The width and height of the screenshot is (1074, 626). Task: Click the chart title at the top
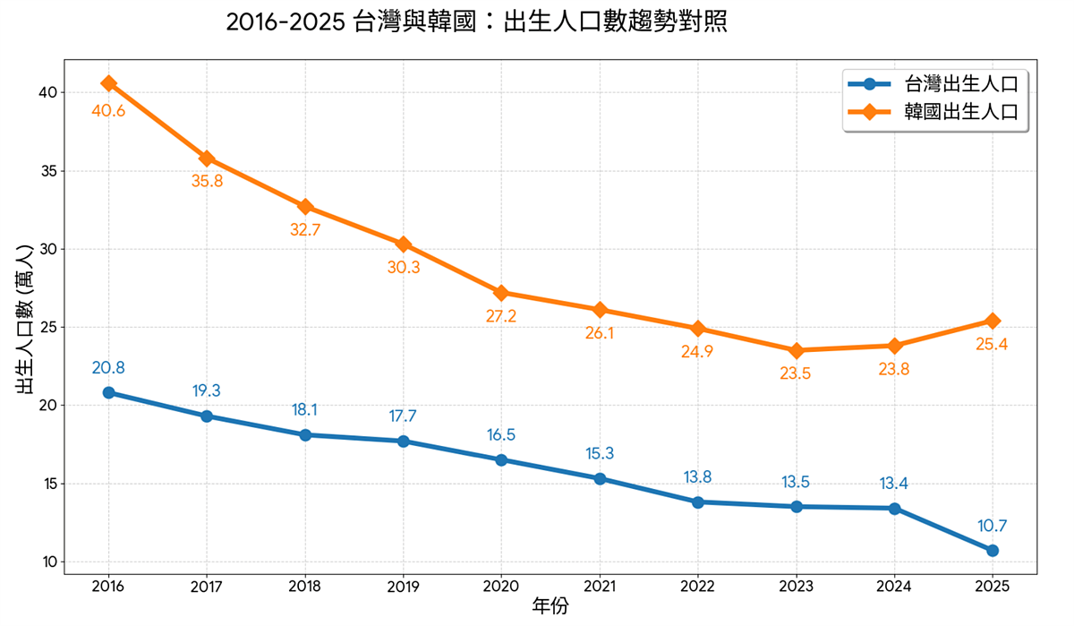(x=475, y=22)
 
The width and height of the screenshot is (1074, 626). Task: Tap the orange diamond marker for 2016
(x=108, y=83)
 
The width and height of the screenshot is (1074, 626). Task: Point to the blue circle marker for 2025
(x=993, y=550)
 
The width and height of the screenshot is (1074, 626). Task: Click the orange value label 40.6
(x=108, y=111)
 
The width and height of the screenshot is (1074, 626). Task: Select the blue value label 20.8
(x=108, y=367)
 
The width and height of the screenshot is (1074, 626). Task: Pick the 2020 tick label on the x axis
(x=501, y=586)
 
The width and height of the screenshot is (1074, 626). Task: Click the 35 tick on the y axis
(x=47, y=171)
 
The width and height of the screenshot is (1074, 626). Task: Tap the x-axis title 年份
(x=550, y=607)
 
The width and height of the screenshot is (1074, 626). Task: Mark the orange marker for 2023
(x=796, y=350)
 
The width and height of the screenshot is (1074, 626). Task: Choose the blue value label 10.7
(x=993, y=526)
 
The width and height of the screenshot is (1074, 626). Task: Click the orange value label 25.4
(x=992, y=344)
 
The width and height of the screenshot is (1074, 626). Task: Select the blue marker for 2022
(x=697, y=502)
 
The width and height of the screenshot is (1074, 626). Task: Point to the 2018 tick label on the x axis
(x=305, y=586)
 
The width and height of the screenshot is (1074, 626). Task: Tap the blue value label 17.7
(x=403, y=416)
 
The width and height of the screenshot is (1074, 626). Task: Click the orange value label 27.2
(x=501, y=316)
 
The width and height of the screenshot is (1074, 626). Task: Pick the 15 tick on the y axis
(x=47, y=484)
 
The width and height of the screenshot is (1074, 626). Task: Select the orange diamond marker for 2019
(x=404, y=244)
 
